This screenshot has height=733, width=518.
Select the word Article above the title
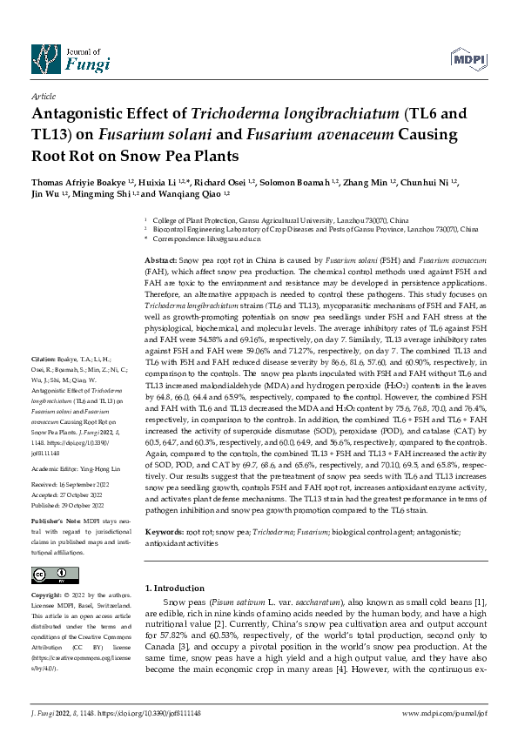tap(44, 98)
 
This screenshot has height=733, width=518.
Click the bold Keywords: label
tap(164, 530)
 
